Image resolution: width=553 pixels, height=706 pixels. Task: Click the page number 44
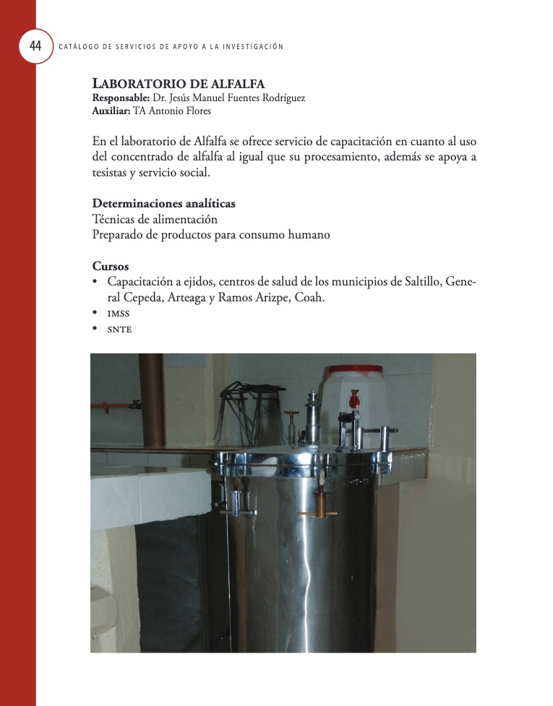point(35,46)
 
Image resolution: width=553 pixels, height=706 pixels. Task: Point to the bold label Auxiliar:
point(111,111)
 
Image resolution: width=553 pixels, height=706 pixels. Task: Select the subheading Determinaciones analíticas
point(163,204)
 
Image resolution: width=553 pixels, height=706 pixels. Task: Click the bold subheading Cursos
point(111,266)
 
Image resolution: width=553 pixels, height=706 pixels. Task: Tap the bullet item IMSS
point(118,314)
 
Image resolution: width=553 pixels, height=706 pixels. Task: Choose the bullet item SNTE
point(119,330)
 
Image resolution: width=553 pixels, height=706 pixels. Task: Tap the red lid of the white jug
point(353,371)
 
